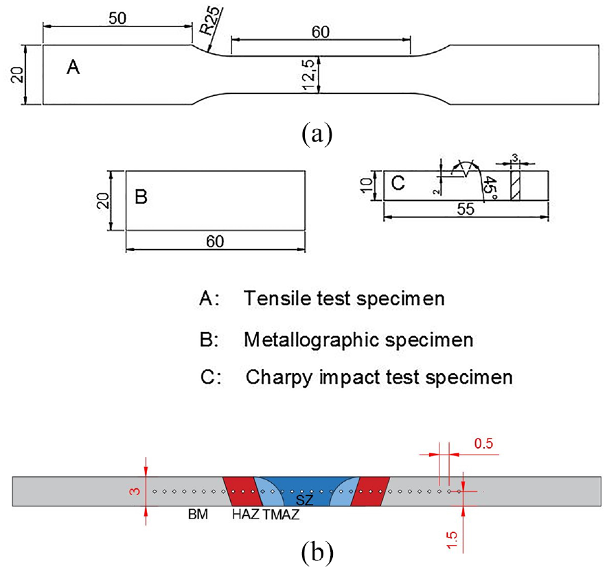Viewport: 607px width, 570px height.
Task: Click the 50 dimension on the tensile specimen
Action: click(x=117, y=18)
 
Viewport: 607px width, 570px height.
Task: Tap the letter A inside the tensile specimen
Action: click(x=73, y=67)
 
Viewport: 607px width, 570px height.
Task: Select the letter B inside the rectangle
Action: click(x=141, y=196)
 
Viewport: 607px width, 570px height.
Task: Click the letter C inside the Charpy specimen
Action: click(x=398, y=183)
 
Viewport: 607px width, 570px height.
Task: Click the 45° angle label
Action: click(x=491, y=187)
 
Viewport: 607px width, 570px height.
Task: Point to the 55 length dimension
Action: click(x=466, y=209)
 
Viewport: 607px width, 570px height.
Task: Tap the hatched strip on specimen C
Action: click(x=515, y=186)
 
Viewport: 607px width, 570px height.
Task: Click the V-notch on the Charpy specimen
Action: click(x=468, y=173)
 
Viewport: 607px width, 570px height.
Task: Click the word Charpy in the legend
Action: click(x=279, y=377)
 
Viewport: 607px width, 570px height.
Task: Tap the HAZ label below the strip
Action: click(x=245, y=514)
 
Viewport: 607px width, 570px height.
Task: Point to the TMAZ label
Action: click(x=281, y=514)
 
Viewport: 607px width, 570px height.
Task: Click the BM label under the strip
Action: click(x=198, y=514)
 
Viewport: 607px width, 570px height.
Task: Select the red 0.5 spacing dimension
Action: click(x=484, y=444)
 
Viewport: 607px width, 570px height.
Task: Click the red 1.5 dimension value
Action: click(x=452, y=541)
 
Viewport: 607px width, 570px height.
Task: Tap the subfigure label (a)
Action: click(x=317, y=134)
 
